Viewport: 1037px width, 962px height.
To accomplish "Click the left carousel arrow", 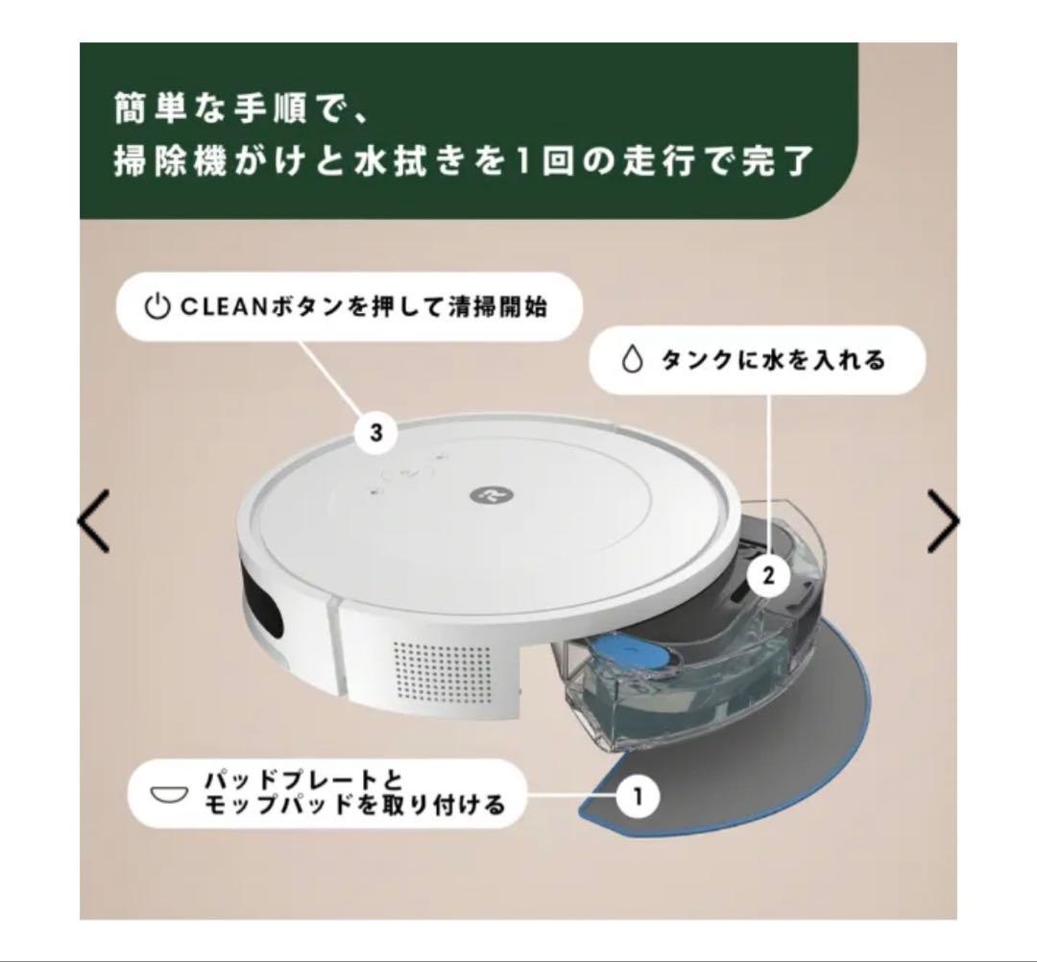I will (93, 520).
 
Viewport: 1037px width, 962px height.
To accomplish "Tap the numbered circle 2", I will (767, 576).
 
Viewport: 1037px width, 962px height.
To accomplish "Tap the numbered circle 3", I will (375, 433).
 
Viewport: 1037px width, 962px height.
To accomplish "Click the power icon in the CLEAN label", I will (156, 308).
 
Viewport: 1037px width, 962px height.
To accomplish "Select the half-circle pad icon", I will (169, 795).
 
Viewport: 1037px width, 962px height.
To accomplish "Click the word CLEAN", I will (212, 308).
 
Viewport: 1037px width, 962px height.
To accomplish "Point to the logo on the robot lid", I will (482, 493).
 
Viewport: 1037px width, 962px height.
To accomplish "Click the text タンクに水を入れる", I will (773, 361).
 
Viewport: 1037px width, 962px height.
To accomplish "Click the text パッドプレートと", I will (302, 779).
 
